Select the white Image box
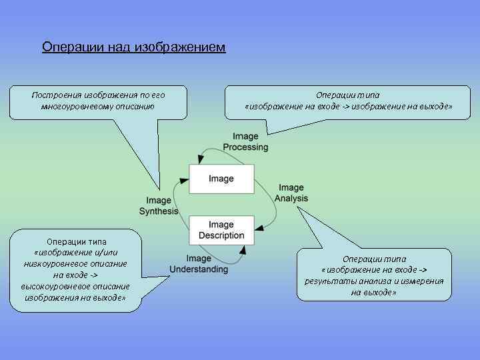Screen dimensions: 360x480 pos(221,179)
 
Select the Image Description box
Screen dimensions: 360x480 pos(221,230)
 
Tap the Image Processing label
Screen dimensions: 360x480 pos(245,142)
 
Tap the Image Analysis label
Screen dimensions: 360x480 pos(291,193)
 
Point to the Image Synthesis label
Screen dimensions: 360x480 pos(159,205)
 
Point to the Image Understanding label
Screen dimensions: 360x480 pos(199,264)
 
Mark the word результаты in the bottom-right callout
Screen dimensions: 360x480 pos(327,281)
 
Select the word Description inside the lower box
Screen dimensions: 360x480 pos(221,235)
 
